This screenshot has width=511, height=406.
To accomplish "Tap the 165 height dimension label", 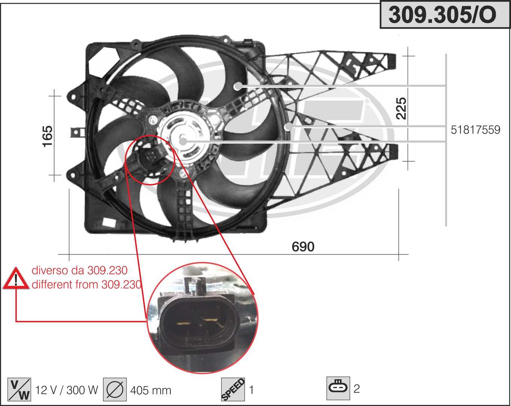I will tap(47, 136).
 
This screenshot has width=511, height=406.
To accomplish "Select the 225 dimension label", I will tap(402, 108).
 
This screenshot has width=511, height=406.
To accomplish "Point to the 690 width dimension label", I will tap(303, 247).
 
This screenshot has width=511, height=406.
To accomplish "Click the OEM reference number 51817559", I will tap(475, 130).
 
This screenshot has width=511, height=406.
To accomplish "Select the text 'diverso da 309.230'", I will tap(79, 270).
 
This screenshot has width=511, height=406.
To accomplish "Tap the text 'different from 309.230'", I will tap(86, 285).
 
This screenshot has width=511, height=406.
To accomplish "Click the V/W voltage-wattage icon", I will tap(19, 389).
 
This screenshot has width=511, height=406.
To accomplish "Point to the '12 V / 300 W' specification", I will tap(67, 390).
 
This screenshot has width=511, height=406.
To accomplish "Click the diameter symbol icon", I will tap(115, 389).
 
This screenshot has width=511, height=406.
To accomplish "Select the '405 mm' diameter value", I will tap(151, 390).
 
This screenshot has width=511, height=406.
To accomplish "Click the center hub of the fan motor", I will tap(183, 141).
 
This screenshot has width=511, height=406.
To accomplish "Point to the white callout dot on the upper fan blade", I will tap(237, 86).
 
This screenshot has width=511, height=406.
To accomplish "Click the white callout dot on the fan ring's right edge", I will tap(288, 127).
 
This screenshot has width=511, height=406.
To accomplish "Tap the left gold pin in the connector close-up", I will tap(183, 322).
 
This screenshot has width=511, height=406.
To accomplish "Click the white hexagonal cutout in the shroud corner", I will tap(104, 62).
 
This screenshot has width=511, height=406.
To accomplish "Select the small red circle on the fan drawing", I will tap(150, 160).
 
